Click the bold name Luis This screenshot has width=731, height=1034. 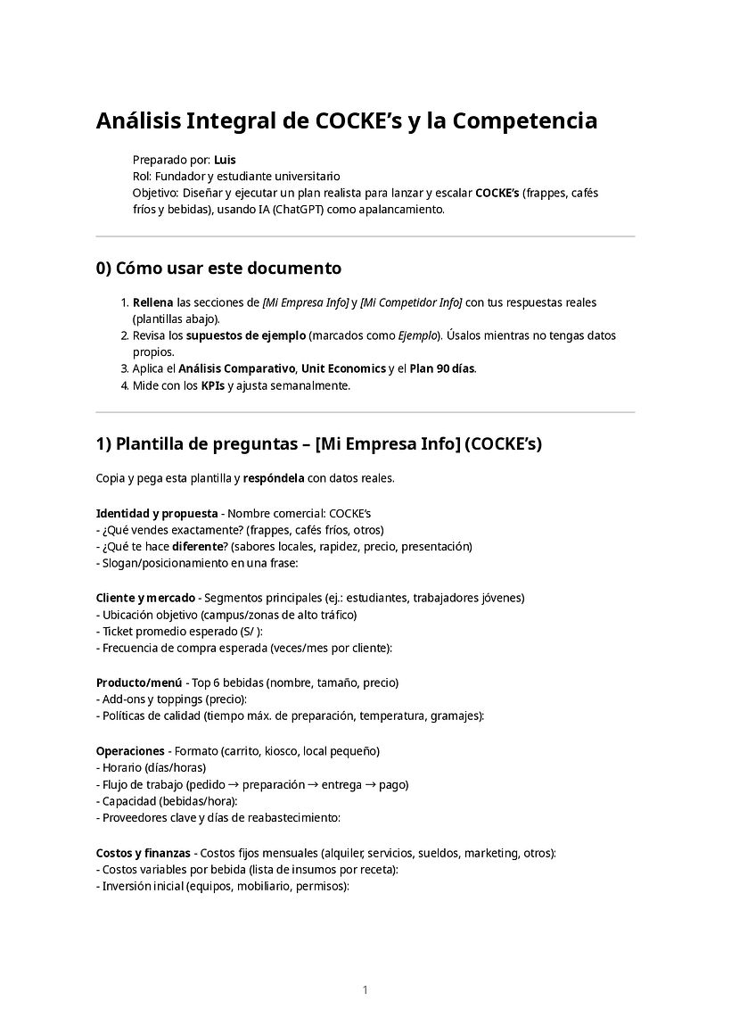click(225, 160)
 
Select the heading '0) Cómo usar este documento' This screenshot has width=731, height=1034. click(218, 268)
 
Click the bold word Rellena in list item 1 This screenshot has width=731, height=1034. click(152, 302)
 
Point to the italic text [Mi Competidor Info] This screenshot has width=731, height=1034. click(411, 302)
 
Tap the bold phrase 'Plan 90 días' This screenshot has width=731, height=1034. click(442, 368)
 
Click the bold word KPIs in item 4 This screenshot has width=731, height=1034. click(212, 385)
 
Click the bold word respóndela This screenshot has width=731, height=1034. click(275, 478)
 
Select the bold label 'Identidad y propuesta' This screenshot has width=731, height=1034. click(157, 514)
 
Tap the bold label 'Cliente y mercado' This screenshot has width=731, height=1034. click(145, 597)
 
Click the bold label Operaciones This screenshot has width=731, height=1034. click(130, 751)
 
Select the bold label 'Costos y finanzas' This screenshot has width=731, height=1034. click(144, 853)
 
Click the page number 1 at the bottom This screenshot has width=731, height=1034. click(365, 989)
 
